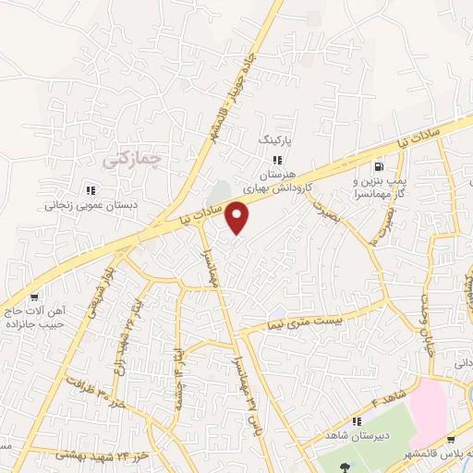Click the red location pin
pyautogui.click(x=238, y=218)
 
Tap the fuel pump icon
pyautogui.click(x=379, y=166)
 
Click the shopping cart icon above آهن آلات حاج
pyautogui.click(x=34, y=297)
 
